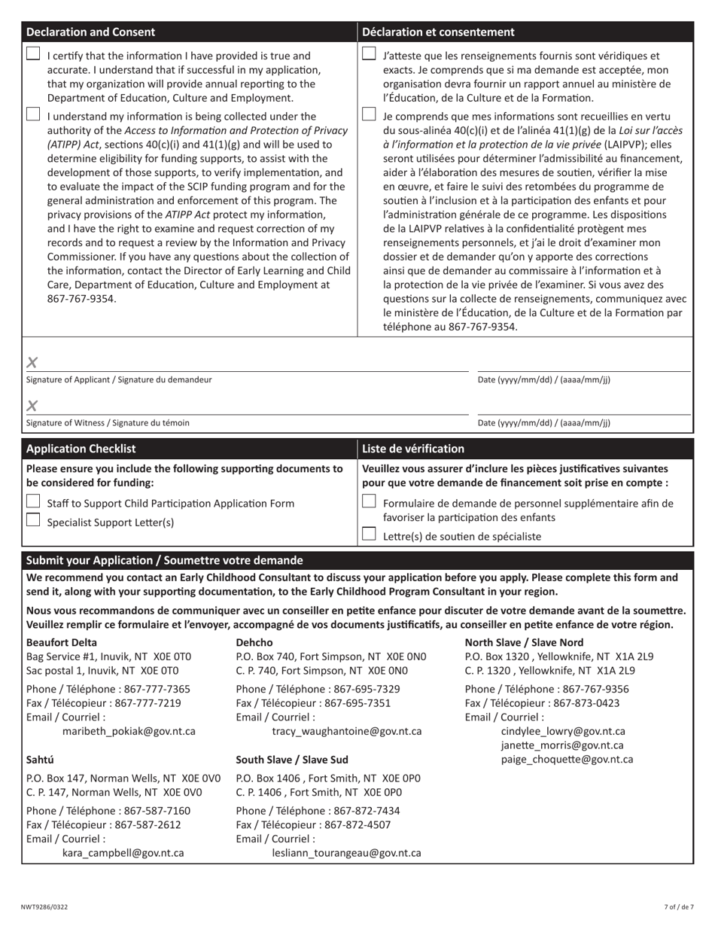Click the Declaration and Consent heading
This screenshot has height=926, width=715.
90,32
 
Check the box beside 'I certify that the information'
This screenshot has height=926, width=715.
33,53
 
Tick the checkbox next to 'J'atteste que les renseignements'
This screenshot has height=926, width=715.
369,53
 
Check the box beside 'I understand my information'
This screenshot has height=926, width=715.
33,114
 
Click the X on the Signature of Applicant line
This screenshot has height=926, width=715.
32,363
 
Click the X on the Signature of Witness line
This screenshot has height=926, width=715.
32,407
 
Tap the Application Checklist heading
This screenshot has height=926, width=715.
81,449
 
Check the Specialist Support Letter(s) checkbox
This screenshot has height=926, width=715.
33,519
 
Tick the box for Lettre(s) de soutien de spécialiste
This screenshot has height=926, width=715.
369,534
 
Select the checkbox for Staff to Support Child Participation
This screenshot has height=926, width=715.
33,501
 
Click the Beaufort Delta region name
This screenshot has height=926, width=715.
62,642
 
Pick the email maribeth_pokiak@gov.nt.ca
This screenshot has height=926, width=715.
129,731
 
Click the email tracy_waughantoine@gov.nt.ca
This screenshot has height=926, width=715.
346,731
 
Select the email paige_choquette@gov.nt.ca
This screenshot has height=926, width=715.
567,759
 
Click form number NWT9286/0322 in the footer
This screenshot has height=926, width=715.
44,907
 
